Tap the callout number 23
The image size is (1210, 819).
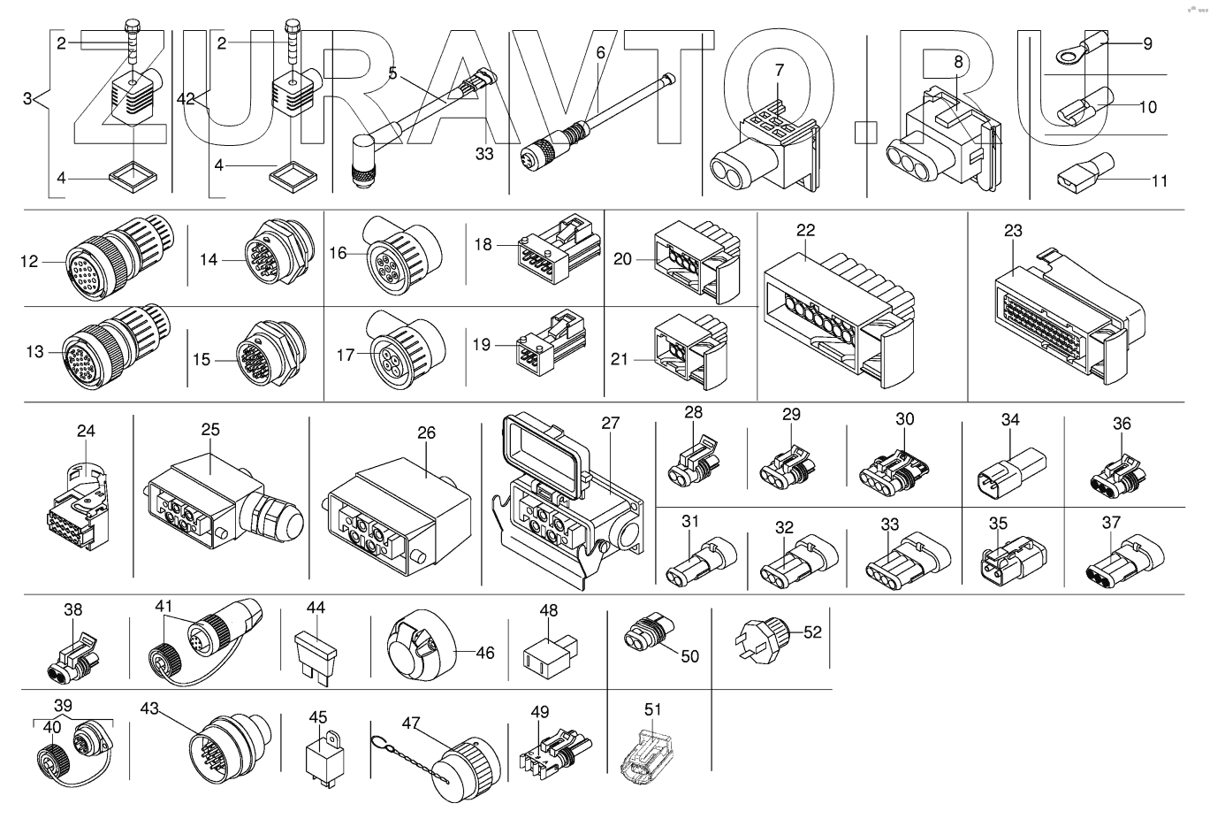(1013, 231)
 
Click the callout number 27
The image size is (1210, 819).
(611, 423)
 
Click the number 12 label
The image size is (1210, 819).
(30, 261)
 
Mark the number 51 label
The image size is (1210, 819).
(653, 708)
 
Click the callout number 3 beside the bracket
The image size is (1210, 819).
(29, 98)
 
